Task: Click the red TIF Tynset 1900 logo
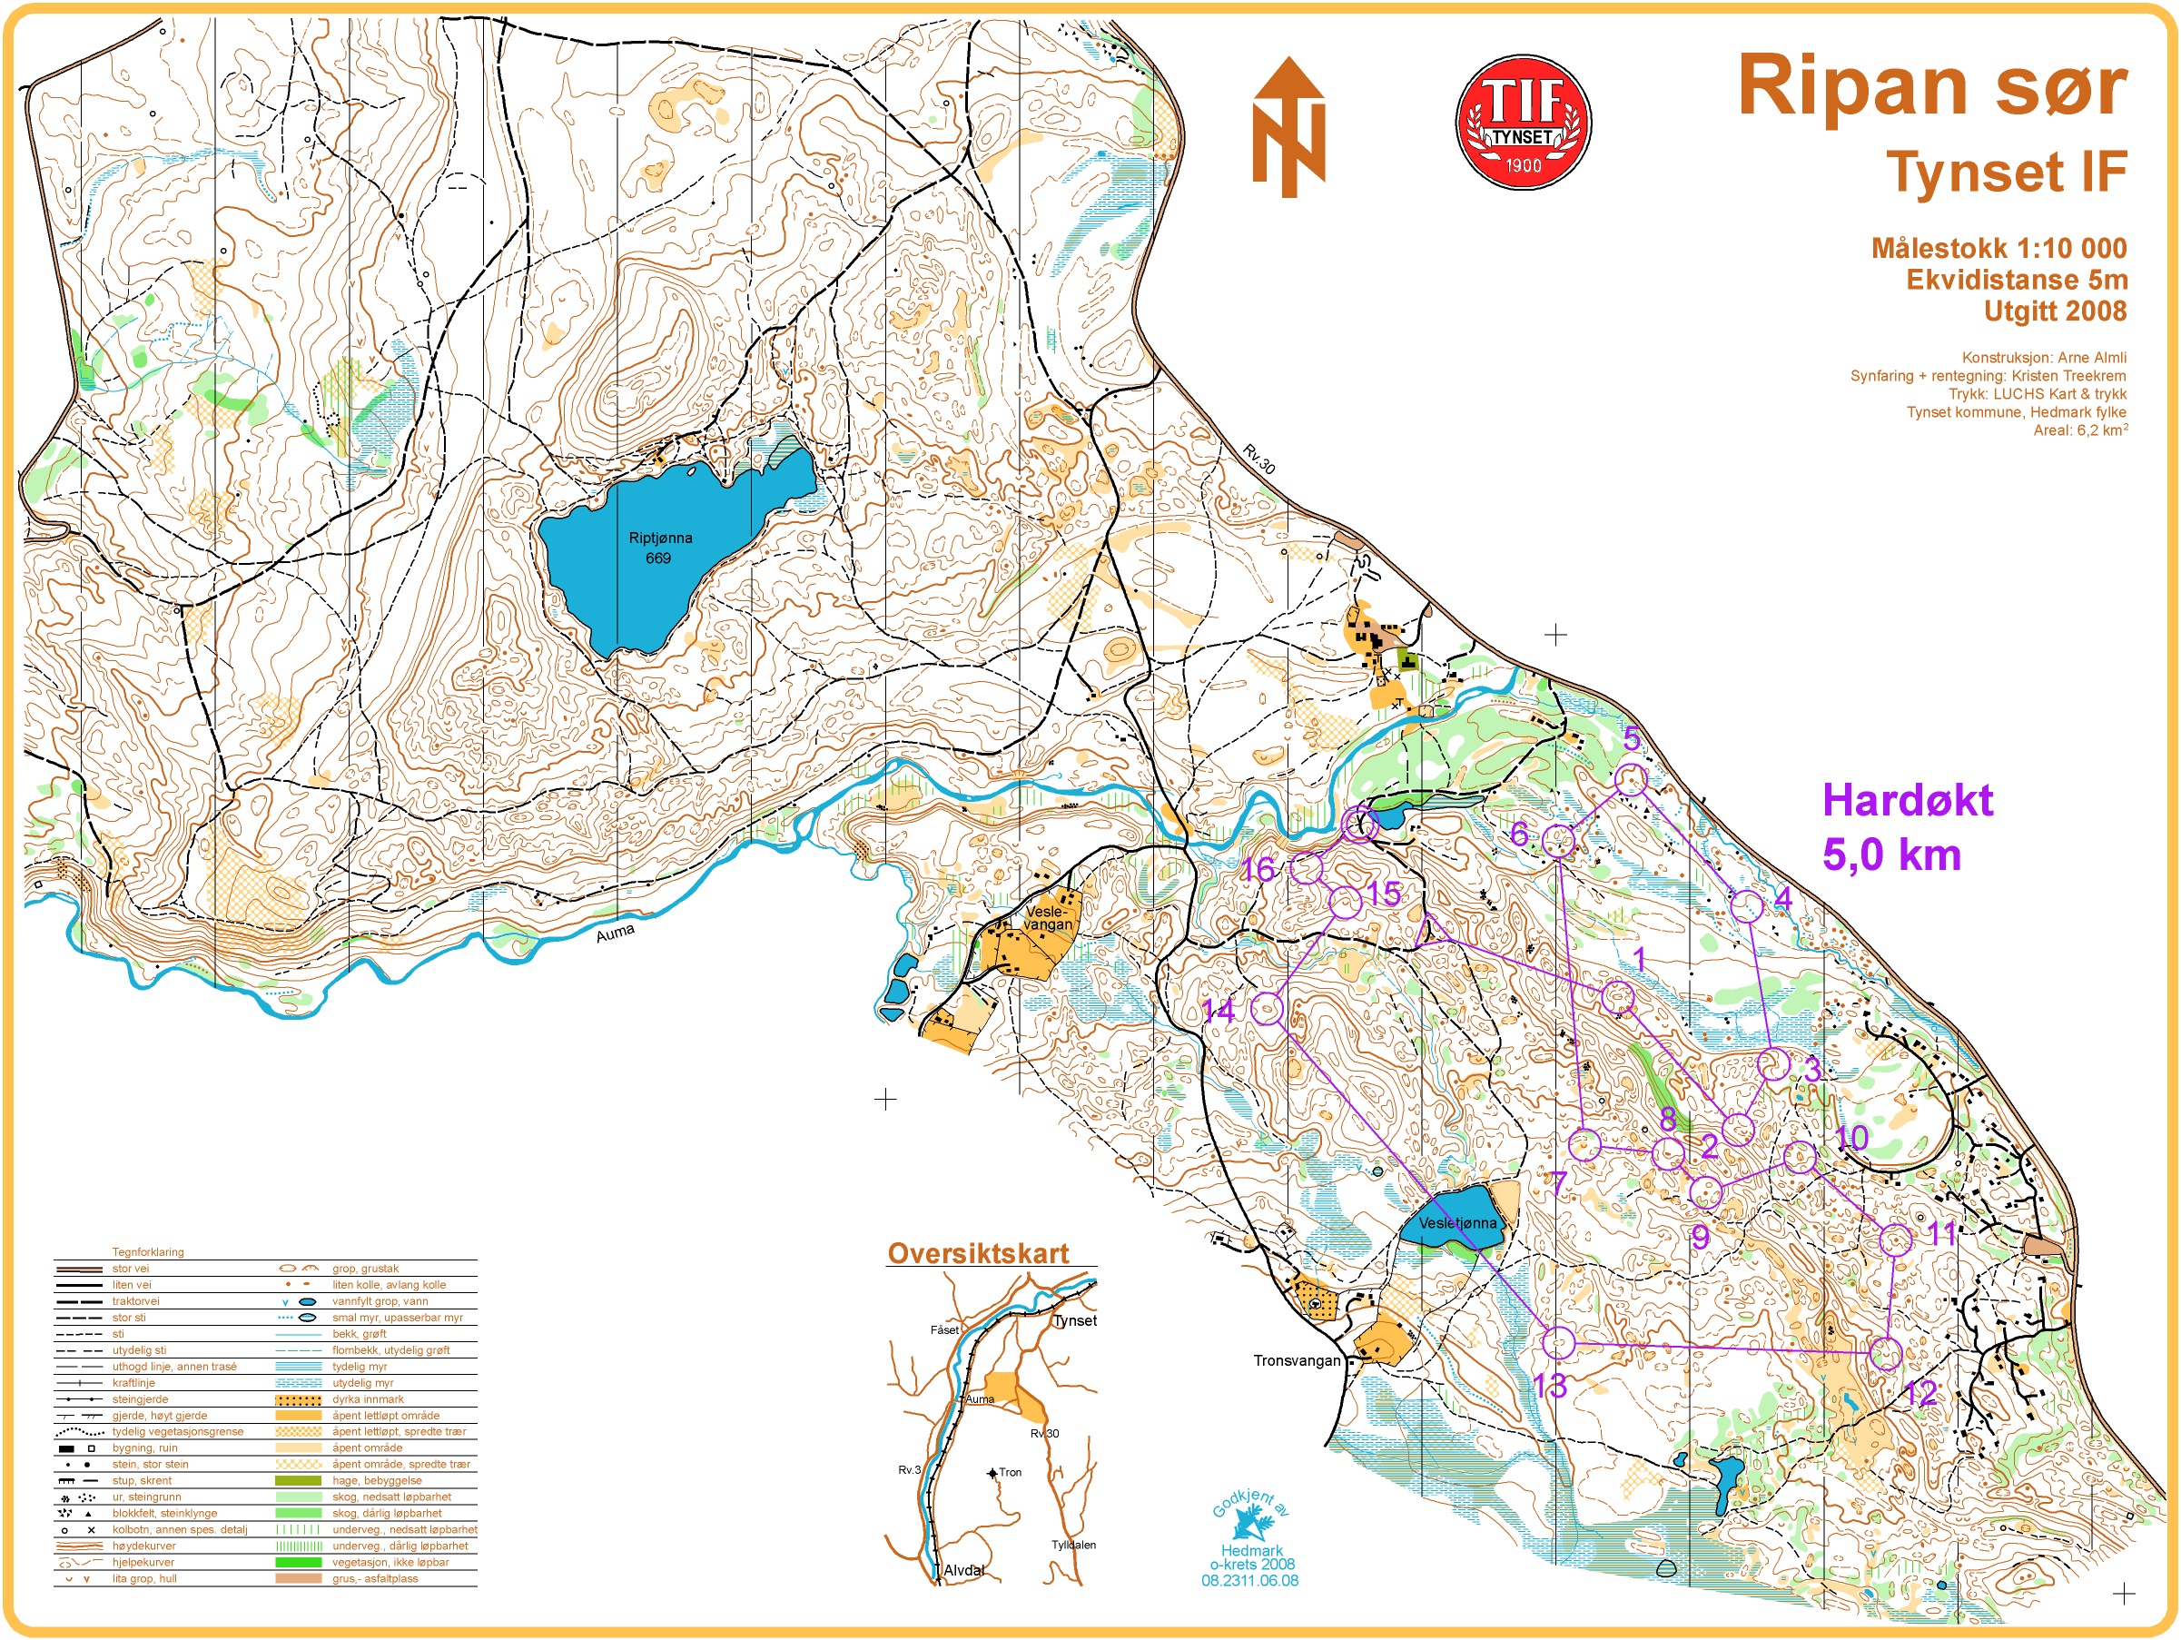[x=1523, y=122]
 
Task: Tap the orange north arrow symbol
[x=1288, y=127]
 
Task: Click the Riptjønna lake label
[x=659, y=548]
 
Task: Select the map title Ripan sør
[x=1931, y=85]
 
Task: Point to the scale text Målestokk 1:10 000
[x=1998, y=248]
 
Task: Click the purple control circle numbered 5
[x=1630, y=780]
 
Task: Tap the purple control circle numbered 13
[x=1558, y=1343]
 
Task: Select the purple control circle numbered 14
[x=1267, y=1008]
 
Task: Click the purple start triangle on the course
[x=1431, y=930]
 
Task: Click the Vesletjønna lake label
[x=1457, y=1223]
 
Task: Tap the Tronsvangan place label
[x=1297, y=1361]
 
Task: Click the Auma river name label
[x=616, y=932]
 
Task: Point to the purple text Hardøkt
[x=1906, y=800]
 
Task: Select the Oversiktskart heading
[x=978, y=1253]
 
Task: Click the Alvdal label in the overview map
[x=963, y=1570]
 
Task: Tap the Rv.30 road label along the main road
[x=1259, y=459]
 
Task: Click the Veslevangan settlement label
[x=1046, y=918]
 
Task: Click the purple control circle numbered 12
[x=1885, y=1353]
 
